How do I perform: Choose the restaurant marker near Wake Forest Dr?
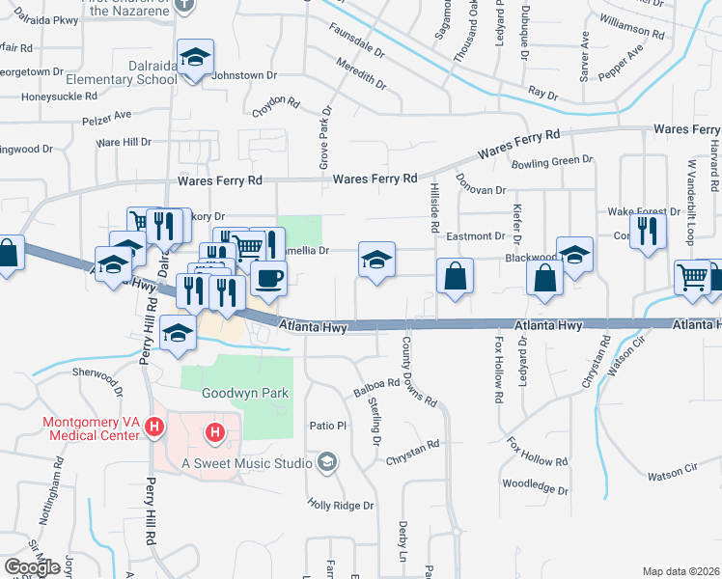click(648, 230)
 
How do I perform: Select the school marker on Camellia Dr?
click(377, 259)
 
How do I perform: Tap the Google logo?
click(33, 567)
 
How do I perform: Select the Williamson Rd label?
click(631, 26)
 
